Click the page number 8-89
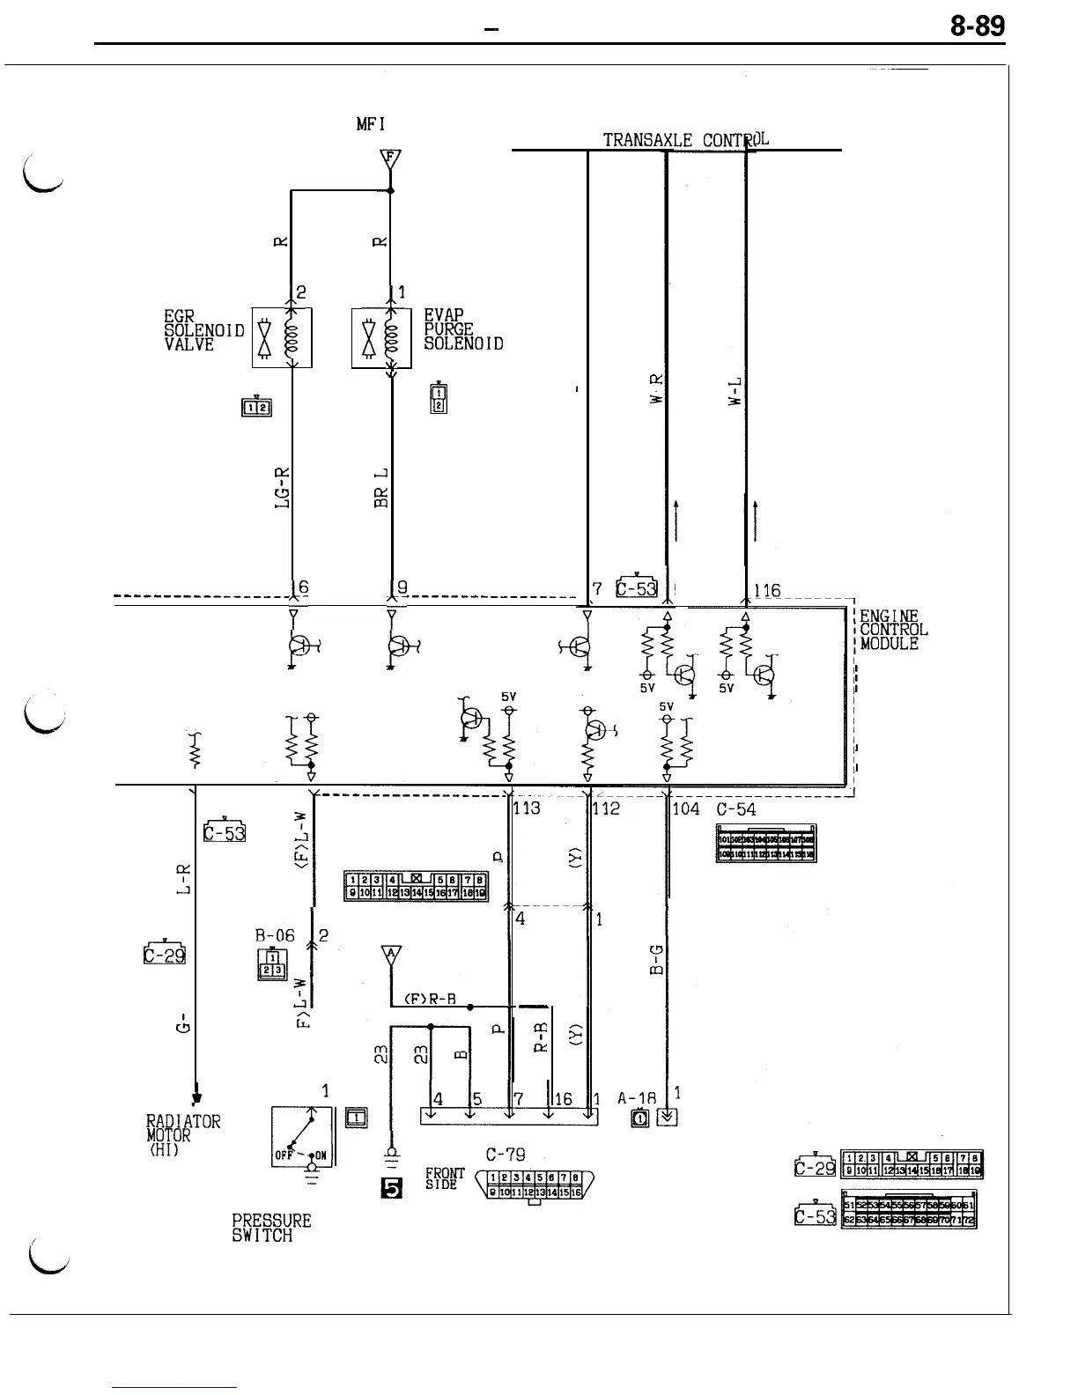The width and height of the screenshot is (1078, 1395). pos(977,27)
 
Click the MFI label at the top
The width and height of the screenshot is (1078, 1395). pos(371,125)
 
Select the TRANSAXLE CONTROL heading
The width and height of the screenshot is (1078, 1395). pos(686,140)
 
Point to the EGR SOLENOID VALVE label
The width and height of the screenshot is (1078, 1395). pos(204,330)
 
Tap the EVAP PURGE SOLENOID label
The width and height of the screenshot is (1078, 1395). pos(463,330)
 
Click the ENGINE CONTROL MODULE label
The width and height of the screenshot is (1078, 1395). pos(893,630)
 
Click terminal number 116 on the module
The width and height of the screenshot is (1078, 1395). pos(767,591)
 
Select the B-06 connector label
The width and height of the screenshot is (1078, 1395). pos(275,935)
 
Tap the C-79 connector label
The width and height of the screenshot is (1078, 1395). pos(506,1155)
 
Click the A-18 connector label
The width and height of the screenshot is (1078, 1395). pos(637,1098)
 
